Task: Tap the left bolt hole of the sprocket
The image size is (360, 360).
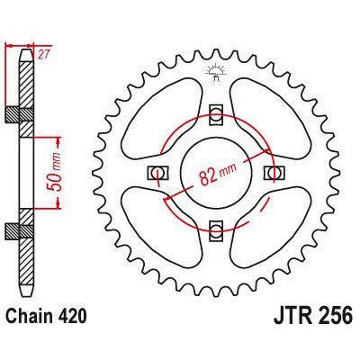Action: (x=157, y=171)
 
